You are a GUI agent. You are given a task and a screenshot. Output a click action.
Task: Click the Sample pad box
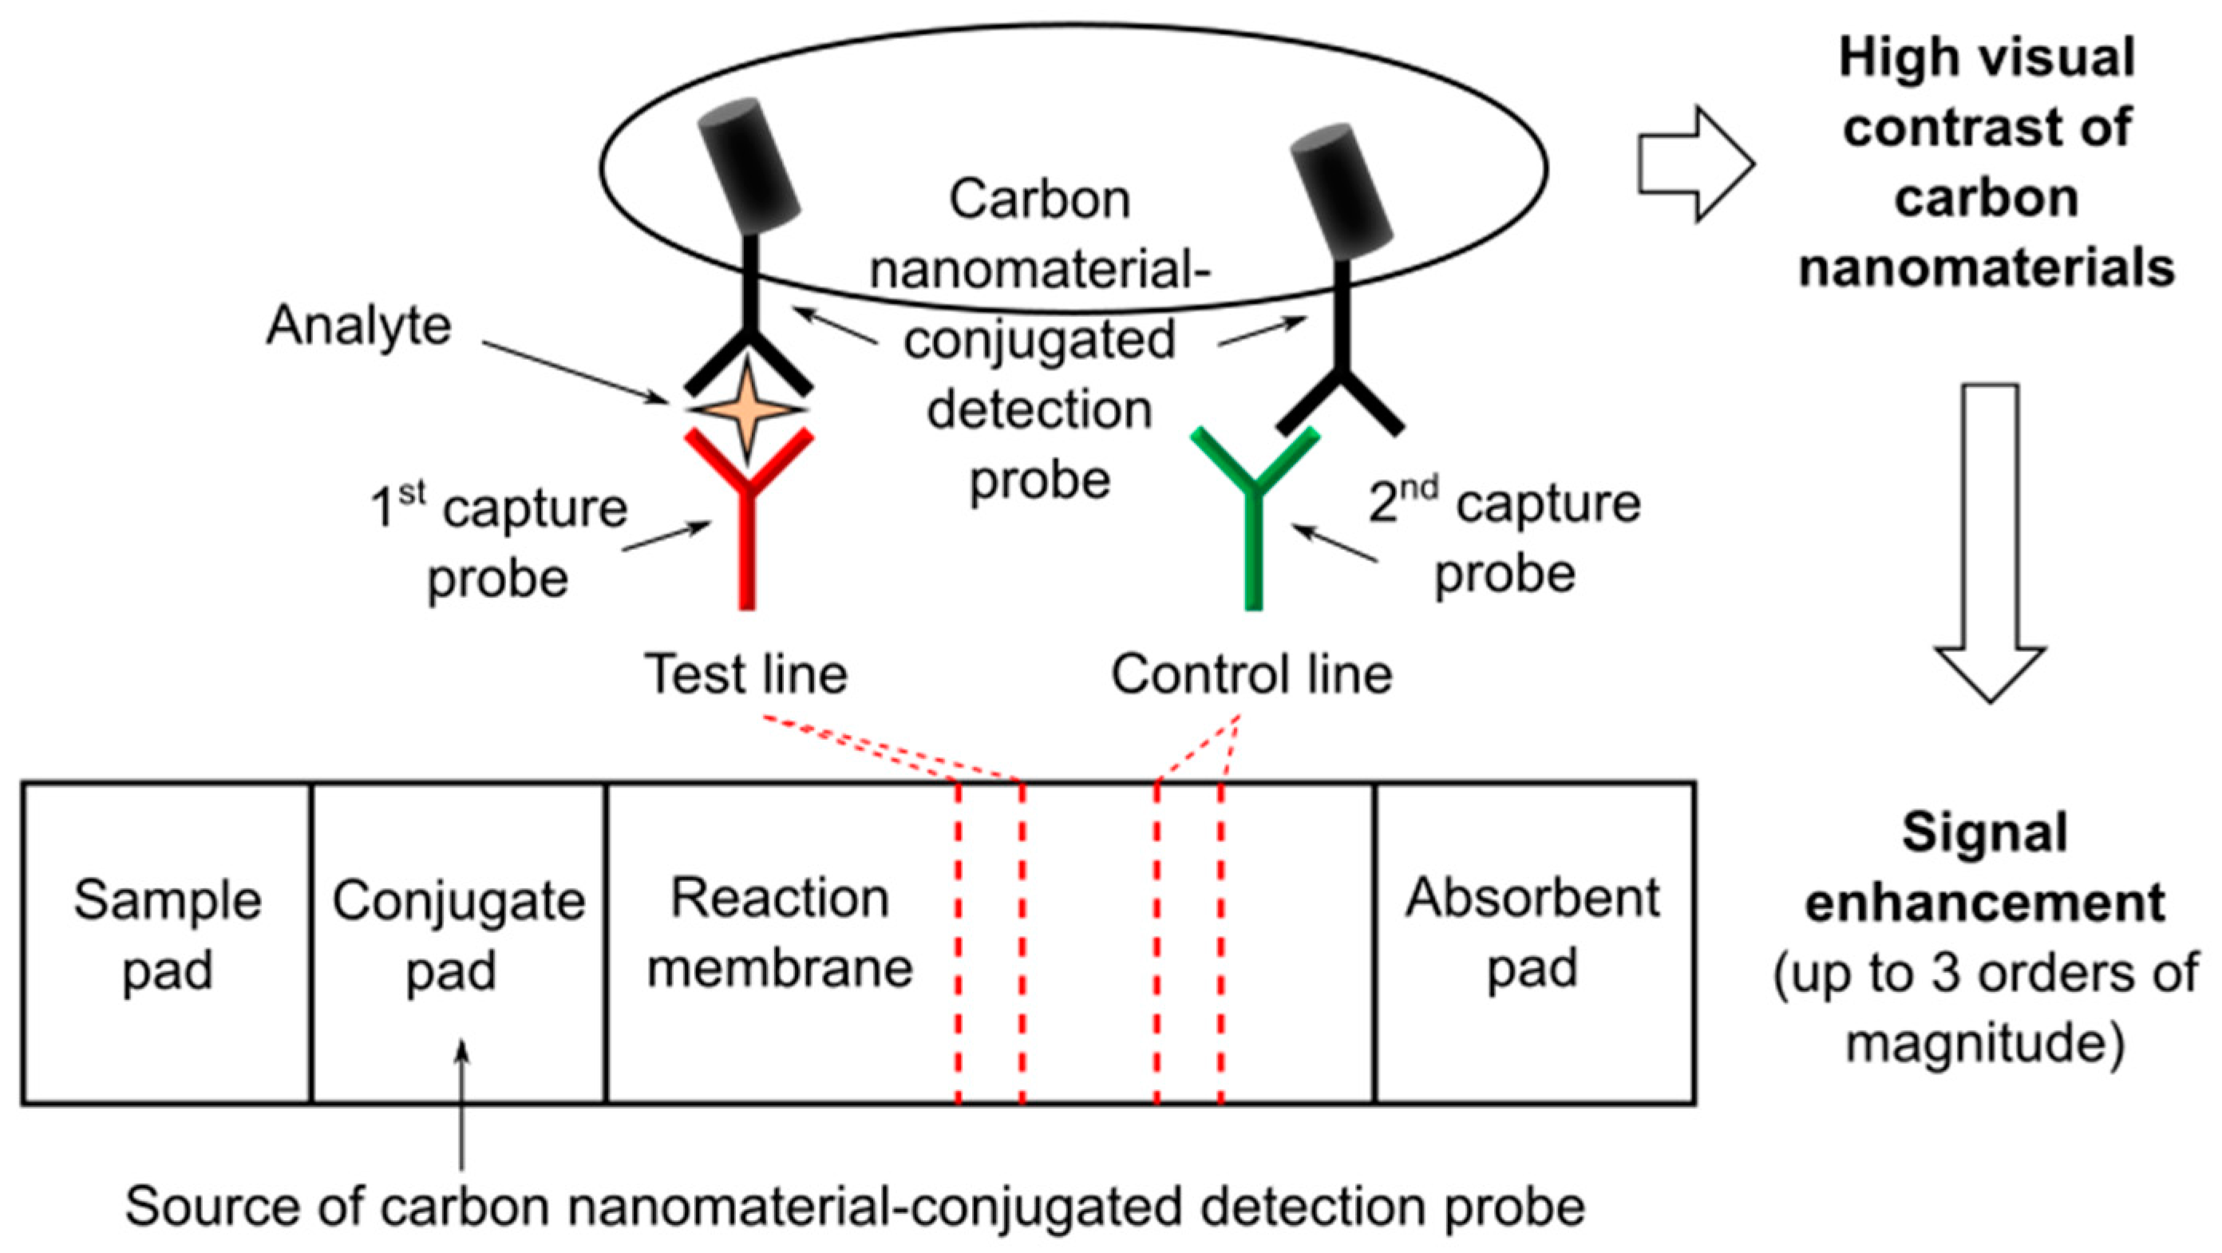167,943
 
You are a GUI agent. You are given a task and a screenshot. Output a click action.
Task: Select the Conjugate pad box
458,943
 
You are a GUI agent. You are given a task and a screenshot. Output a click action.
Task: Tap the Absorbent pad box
1534,943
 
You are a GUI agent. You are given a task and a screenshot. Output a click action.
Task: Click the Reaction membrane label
779,934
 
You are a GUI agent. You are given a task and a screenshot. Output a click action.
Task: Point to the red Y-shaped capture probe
748,517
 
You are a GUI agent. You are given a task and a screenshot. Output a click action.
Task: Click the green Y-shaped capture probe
1254,517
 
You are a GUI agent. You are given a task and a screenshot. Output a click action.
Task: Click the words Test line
746,674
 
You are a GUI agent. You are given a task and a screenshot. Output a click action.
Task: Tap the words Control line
1251,674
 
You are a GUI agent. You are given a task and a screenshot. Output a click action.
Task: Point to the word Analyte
358,326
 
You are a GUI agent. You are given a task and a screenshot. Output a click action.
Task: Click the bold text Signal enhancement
1985,869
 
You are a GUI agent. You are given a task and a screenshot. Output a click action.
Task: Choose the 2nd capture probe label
1505,539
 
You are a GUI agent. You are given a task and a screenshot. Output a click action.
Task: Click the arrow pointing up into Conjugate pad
462,1104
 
